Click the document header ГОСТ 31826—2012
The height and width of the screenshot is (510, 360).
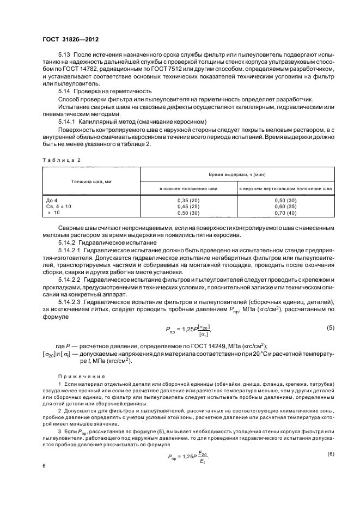(70, 39)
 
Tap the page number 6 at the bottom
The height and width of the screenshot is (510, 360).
(44, 466)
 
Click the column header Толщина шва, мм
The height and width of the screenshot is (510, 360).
(91, 180)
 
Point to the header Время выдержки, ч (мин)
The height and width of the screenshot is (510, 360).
(237, 172)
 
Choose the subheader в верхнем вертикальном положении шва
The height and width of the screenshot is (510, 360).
(286, 189)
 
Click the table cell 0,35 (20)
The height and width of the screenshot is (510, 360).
(188, 201)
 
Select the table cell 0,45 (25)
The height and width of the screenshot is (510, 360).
(188, 207)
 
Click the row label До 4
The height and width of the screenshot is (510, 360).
(52, 201)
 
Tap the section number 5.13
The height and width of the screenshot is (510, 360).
(64, 56)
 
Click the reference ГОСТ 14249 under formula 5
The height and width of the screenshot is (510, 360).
(190, 347)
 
